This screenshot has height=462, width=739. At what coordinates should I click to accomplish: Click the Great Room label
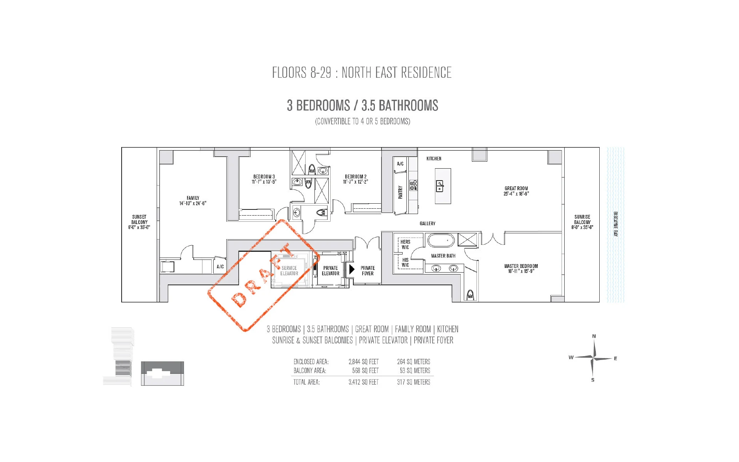(x=516, y=191)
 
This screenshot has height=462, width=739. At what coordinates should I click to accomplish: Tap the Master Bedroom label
(x=521, y=268)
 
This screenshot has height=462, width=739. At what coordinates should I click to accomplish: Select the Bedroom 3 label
(x=264, y=179)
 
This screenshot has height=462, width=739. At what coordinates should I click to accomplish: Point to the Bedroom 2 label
(x=356, y=179)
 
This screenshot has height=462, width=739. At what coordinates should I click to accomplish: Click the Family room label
(x=193, y=201)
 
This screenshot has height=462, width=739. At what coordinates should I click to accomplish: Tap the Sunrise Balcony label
(x=582, y=222)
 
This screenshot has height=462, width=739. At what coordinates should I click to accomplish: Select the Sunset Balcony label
(x=139, y=222)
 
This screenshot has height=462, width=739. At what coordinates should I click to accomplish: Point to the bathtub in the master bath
(x=441, y=241)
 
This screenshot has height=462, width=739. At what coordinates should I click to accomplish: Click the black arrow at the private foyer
(x=351, y=269)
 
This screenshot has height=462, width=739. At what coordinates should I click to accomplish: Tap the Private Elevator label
(x=331, y=271)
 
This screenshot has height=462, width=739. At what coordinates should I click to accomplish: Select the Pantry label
(x=400, y=192)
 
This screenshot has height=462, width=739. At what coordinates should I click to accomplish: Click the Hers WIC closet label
(x=405, y=244)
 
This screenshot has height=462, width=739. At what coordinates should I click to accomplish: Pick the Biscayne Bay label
(x=615, y=224)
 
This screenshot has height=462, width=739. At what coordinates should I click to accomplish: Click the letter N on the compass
(x=594, y=336)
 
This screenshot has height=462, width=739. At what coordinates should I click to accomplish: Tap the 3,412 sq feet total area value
(x=363, y=382)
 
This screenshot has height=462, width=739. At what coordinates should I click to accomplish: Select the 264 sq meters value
(x=414, y=362)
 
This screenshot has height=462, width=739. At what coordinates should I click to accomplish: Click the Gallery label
(x=428, y=223)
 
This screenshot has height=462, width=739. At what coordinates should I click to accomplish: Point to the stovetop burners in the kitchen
(x=413, y=186)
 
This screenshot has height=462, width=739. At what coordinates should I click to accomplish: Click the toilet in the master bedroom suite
(x=470, y=295)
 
